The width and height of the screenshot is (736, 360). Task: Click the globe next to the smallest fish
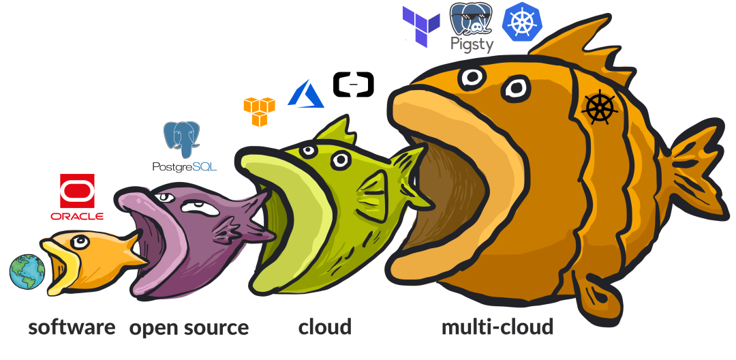[x=27, y=272]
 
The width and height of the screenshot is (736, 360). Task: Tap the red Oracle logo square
[x=77, y=190]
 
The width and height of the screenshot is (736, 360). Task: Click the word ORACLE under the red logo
[x=77, y=216]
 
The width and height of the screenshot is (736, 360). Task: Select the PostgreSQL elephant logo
[x=182, y=139]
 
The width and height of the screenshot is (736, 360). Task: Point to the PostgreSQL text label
[x=185, y=166]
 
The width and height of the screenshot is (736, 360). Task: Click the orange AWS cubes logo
[x=259, y=112]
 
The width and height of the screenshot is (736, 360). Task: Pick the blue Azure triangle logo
[x=306, y=94]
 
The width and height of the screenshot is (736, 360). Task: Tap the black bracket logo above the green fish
[x=354, y=85]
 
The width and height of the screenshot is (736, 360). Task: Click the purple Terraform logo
[x=421, y=27]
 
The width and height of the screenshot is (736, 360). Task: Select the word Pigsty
[x=472, y=44]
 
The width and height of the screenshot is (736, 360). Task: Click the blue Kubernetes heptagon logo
[x=522, y=22]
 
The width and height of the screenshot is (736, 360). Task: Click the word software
[x=72, y=327]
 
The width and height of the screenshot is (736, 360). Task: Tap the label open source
[x=189, y=328]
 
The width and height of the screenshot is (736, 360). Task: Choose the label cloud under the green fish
[x=325, y=327]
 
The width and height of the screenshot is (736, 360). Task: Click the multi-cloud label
[x=497, y=327]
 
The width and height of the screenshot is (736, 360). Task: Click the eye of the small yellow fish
[x=80, y=242]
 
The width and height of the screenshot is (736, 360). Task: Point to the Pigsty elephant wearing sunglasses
[x=472, y=18]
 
